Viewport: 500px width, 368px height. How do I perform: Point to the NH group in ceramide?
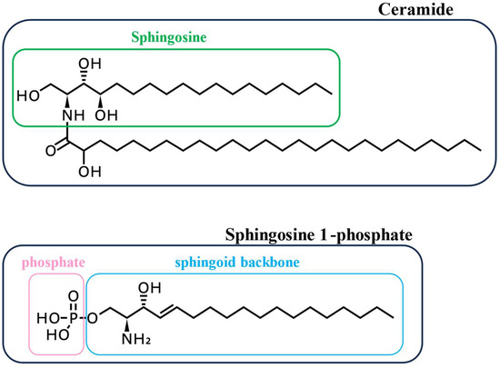pyautogui.click(x=64, y=115)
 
